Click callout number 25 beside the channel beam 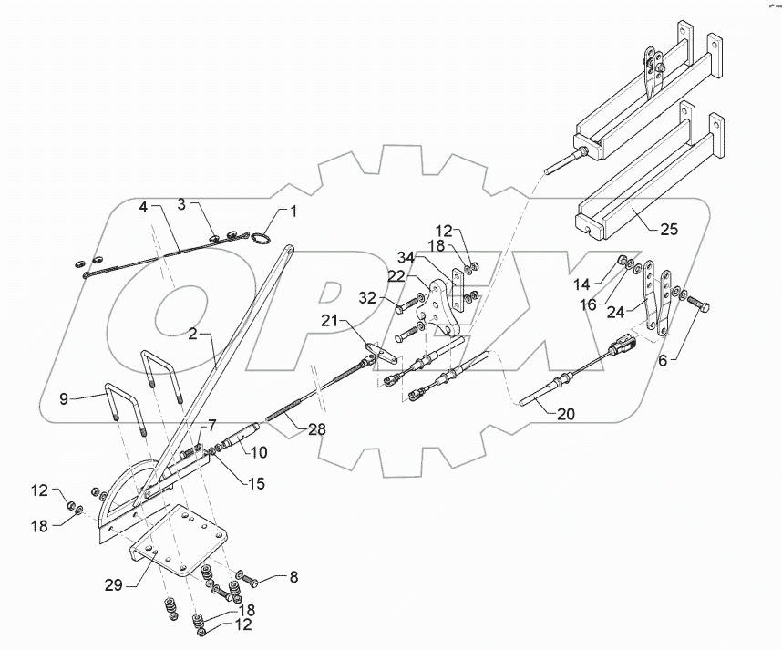(x=669, y=229)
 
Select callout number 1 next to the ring (x=293, y=212)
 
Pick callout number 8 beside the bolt (x=293, y=577)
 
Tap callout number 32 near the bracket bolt (x=366, y=297)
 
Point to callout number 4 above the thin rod (x=143, y=207)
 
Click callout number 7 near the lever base (x=211, y=426)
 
